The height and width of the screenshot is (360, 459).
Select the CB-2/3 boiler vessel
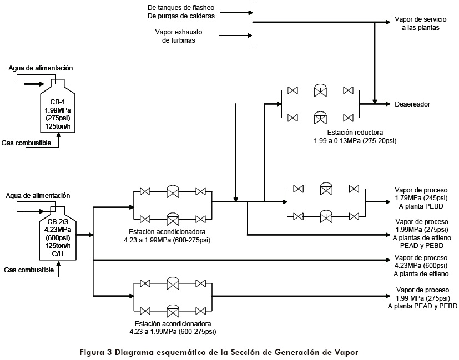click(54, 234)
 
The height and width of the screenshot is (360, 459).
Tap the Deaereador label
click(412, 104)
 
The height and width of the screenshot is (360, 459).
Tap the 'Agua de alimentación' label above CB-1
click(41, 68)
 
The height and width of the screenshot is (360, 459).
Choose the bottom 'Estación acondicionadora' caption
click(175, 327)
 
